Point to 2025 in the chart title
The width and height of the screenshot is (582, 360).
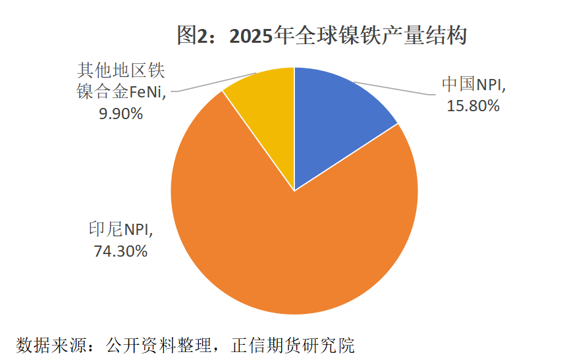[249, 36]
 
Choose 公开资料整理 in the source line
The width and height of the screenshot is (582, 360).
[162, 346]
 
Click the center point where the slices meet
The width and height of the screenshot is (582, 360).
[294, 191]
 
